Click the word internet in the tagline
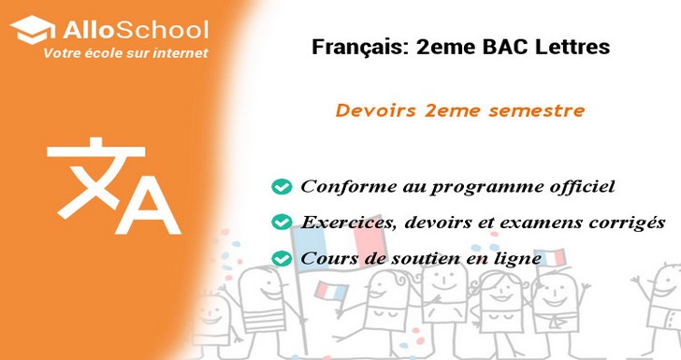click(181, 53)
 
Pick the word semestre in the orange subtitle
click(538, 110)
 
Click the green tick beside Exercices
click(280, 223)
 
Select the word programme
click(480, 187)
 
